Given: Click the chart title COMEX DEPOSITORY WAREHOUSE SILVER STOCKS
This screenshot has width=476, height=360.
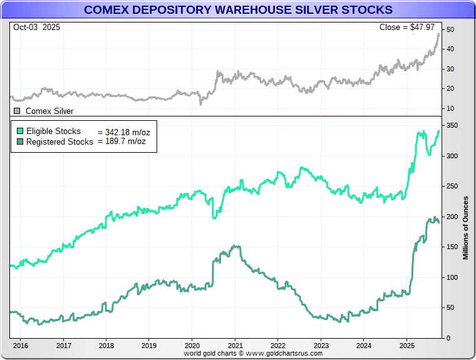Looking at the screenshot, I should click(x=238, y=10).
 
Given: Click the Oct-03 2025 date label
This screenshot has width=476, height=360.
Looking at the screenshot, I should click(x=36, y=28).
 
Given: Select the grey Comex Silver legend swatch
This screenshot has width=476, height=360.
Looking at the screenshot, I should click(x=17, y=111).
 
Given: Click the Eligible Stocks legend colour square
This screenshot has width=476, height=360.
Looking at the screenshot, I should click(x=20, y=131).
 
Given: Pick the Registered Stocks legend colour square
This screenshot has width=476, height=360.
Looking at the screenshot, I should click(x=20, y=141).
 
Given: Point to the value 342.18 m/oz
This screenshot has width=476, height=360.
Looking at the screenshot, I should click(x=123, y=132).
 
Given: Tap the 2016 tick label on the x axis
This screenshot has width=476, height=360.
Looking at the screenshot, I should click(x=21, y=345).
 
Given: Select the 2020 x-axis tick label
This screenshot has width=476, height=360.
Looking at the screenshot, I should click(x=192, y=345).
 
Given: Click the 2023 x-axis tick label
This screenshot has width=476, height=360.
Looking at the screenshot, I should click(x=321, y=345).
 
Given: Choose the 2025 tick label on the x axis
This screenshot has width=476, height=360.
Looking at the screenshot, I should click(x=406, y=345).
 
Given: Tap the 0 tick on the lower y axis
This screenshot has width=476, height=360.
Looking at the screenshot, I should click(x=447, y=338).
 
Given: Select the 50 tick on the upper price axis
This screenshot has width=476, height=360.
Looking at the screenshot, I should click(x=449, y=29).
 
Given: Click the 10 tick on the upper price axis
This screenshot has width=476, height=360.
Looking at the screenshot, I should click(x=449, y=108).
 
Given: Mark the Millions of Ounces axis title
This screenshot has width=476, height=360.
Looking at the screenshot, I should click(x=466, y=228).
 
